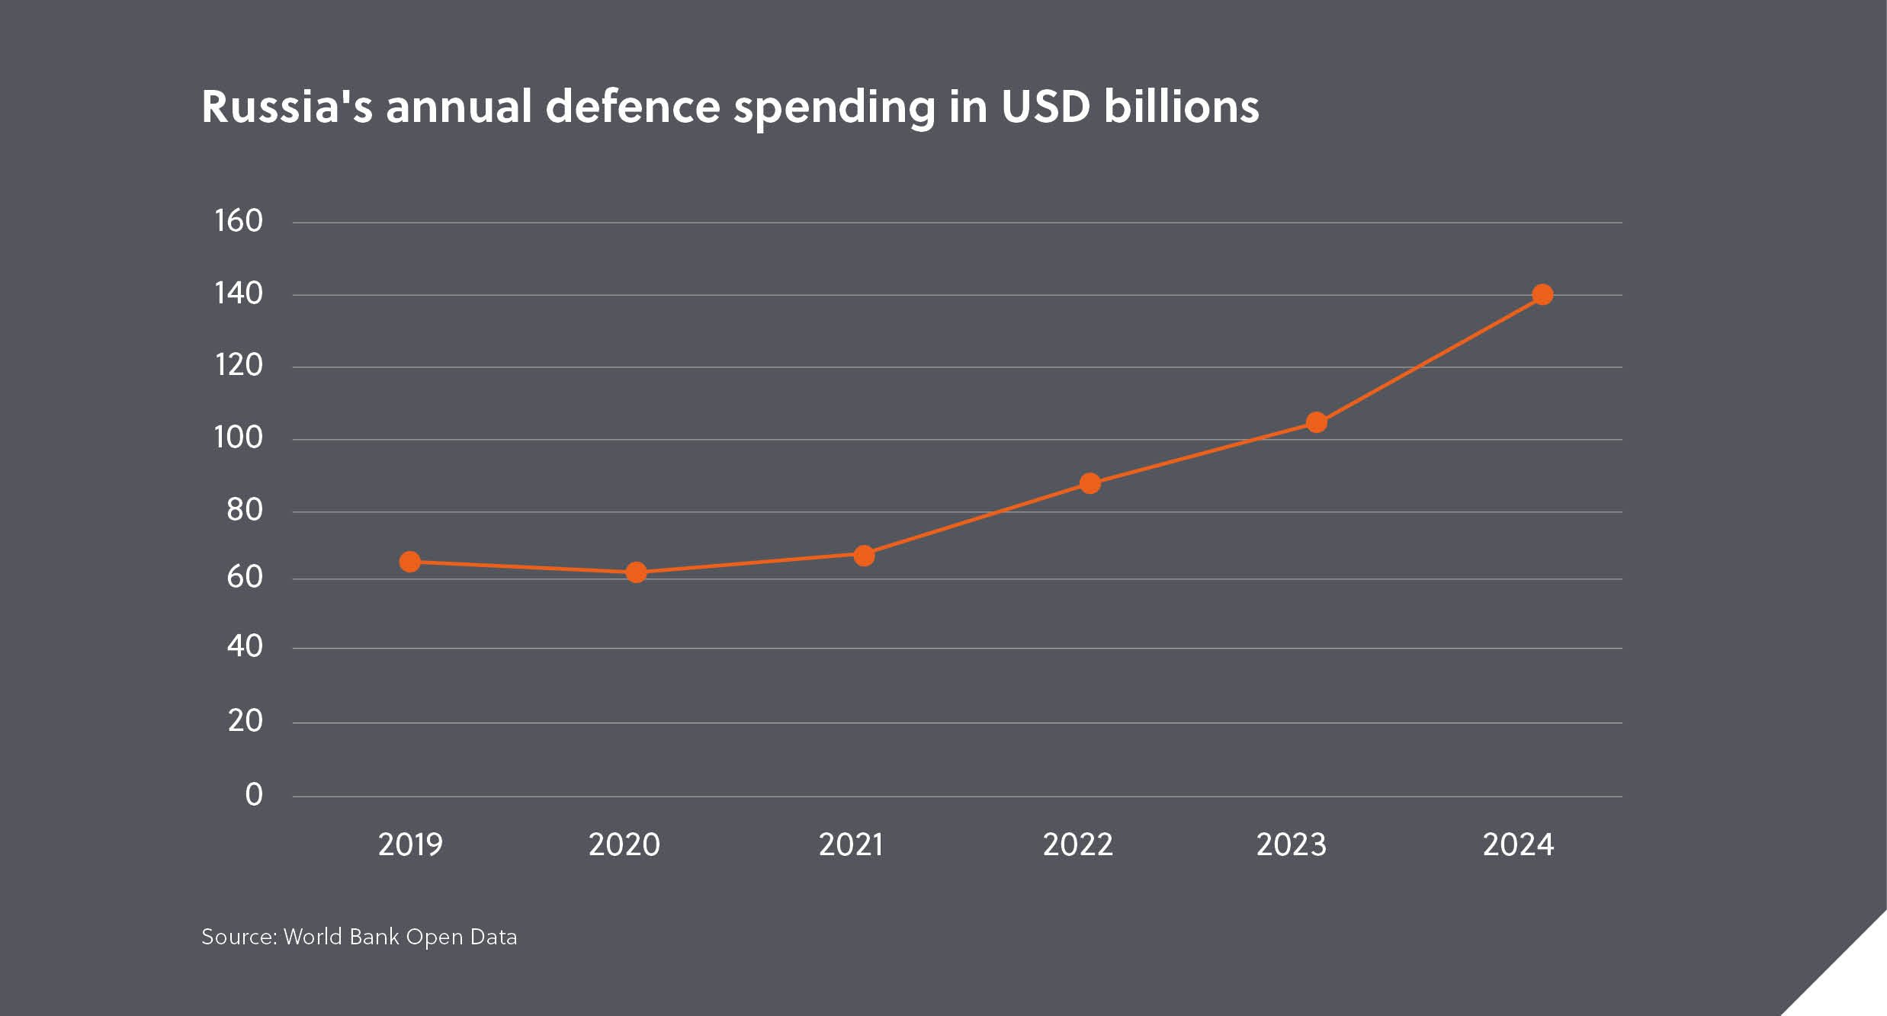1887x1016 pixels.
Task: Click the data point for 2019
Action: pyautogui.click(x=409, y=562)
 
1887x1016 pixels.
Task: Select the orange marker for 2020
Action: pyautogui.click(x=636, y=572)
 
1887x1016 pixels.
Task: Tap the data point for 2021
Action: pyautogui.click(x=864, y=556)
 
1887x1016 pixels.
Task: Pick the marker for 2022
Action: pyautogui.click(x=1090, y=483)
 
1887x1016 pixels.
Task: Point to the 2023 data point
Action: pyautogui.click(x=1317, y=422)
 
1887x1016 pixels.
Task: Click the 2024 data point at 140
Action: pyautogui.click(x=1542, y=294)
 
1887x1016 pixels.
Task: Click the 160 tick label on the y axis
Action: pyautogui.click(x=239, y=221)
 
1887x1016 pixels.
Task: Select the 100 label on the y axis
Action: pyautogui.click(x=239, y=437)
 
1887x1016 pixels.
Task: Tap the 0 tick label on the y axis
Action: pyautogui.click(x=254, y=795)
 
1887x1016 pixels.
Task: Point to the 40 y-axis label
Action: pyautogui.click(x=245, y=646)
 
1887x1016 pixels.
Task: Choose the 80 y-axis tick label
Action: pyautogui.click(x=245, y=510)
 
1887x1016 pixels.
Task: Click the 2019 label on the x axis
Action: pyautogui.click(x=410, y=845)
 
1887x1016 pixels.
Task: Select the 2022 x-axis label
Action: pyautogui.click(x=1077, y=845)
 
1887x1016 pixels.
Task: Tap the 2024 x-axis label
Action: pyautogui.click(x=1518, y=845)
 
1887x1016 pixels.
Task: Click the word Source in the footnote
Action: pyautogui.click(x=238, y=937)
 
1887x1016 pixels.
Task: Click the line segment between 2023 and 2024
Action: pyautogui.click(x=1430, y=358)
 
